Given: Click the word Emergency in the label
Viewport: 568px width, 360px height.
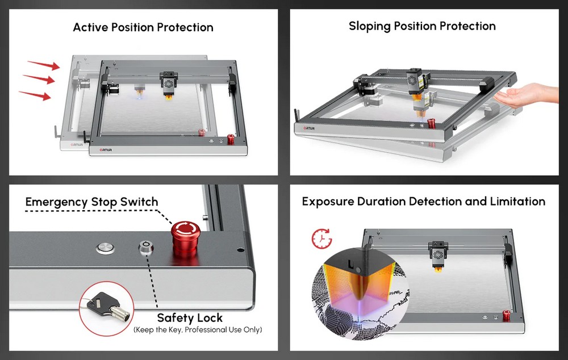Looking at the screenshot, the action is (56, 202).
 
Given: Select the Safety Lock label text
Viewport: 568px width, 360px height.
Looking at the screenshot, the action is (190, 318).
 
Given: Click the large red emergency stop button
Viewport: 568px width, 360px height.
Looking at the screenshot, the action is (185, 238).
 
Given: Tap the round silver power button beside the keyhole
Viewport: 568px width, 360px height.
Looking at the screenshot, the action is (106, 248).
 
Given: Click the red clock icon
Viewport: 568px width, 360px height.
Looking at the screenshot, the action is (321, 238).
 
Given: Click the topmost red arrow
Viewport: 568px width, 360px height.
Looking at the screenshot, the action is (44, 65).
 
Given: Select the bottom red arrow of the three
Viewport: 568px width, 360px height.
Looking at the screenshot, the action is (35, 95).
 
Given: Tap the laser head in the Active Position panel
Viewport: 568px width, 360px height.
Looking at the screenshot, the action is (169, 85).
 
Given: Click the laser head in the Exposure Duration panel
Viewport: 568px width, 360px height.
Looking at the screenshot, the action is (438, 256).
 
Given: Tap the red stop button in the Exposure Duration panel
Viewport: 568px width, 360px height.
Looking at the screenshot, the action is (507, 316).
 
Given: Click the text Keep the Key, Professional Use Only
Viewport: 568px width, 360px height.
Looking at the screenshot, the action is (198, 330).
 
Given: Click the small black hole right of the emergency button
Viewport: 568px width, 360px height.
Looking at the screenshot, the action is (240, 250).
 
